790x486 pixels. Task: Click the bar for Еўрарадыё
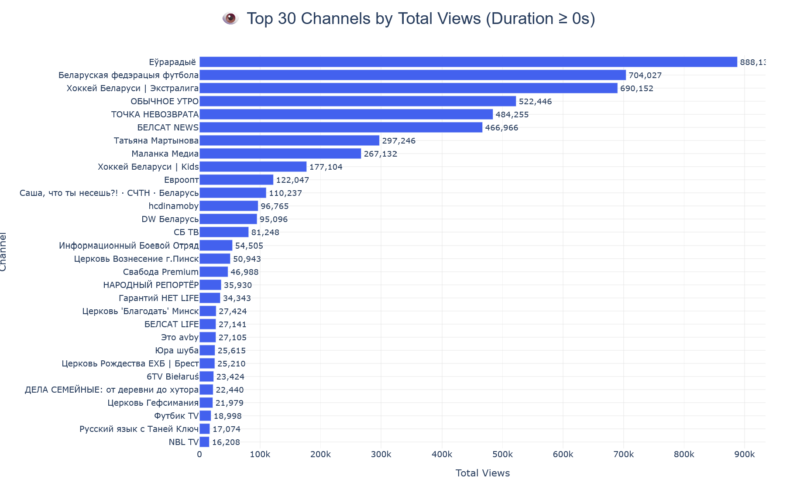(468, 62)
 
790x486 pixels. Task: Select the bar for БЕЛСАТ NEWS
(340, 127)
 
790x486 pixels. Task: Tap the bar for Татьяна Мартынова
(289, 140)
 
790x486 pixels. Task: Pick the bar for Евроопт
(236, 180)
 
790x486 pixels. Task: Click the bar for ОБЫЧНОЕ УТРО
(357, 101)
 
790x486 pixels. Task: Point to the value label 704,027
(645, 75)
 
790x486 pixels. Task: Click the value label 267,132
(380, 154)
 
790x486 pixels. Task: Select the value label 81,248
(265, 233)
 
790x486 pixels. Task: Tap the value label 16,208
(226, 442)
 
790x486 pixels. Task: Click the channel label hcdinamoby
(173, 206)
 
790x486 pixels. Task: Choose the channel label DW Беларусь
(170, 219)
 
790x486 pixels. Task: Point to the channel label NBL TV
(183, 442)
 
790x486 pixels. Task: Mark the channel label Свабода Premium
(161, 272)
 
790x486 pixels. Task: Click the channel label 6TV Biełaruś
(172, 376)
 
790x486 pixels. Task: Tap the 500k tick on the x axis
(502, 455)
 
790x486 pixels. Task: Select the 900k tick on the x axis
(745, 455)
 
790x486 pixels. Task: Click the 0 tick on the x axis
(199, 455)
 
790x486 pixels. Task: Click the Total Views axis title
(482, 473)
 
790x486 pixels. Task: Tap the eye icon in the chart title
(230, 19)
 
